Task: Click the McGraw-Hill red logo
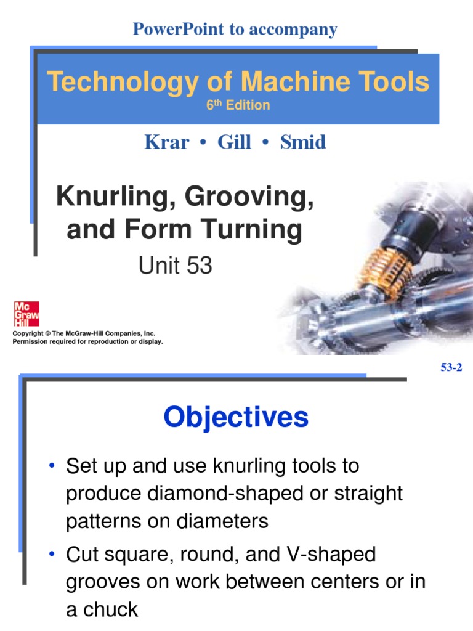pos(26,314)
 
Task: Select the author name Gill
pos(234,142)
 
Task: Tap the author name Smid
pos(303,142)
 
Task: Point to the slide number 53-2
pos(451,368)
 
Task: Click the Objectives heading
pos(236,418)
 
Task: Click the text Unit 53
pos(175,266)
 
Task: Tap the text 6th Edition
pos(238,105)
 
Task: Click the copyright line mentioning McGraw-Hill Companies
pos(79,333)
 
